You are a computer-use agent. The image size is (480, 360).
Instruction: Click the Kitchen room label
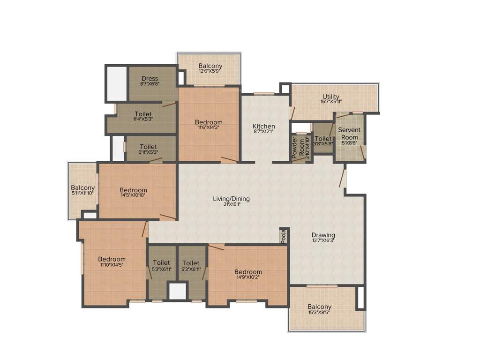tap(264, 127)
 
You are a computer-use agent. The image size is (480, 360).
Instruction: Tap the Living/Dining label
tap(231, 199)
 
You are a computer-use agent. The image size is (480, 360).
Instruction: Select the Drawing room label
tap(323, 235)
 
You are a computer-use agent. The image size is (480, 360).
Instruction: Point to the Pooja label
tap(284, 237)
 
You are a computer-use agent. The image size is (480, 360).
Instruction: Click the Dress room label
tap(150, 78)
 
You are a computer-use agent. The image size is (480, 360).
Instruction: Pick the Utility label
tap(331, 97)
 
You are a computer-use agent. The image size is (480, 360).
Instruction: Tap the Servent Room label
tap(349, 134)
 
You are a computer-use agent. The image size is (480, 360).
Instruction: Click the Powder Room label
tap(295, 147)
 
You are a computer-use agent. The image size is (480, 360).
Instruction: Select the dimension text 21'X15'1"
tap(231, 205)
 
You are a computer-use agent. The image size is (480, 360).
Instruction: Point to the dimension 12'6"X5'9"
tap(210, 72)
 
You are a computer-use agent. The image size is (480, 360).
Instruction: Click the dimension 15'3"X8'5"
tap(320, 313)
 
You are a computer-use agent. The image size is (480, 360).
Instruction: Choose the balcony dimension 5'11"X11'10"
tap(83, 193)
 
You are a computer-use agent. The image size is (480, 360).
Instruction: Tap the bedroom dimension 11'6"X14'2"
tap(209, 128)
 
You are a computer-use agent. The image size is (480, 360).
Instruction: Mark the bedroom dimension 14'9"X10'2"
tap(248, 277)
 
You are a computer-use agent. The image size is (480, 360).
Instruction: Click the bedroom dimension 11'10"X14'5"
tap(112, 265)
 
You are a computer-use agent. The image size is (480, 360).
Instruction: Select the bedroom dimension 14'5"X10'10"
tap(133, 196)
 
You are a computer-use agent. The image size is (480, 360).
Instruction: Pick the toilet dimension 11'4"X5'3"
tap(143, 120)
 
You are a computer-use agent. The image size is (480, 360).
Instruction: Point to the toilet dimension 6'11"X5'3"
tap(148, 152)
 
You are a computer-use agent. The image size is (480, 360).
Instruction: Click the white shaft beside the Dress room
tap(116, 83)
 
